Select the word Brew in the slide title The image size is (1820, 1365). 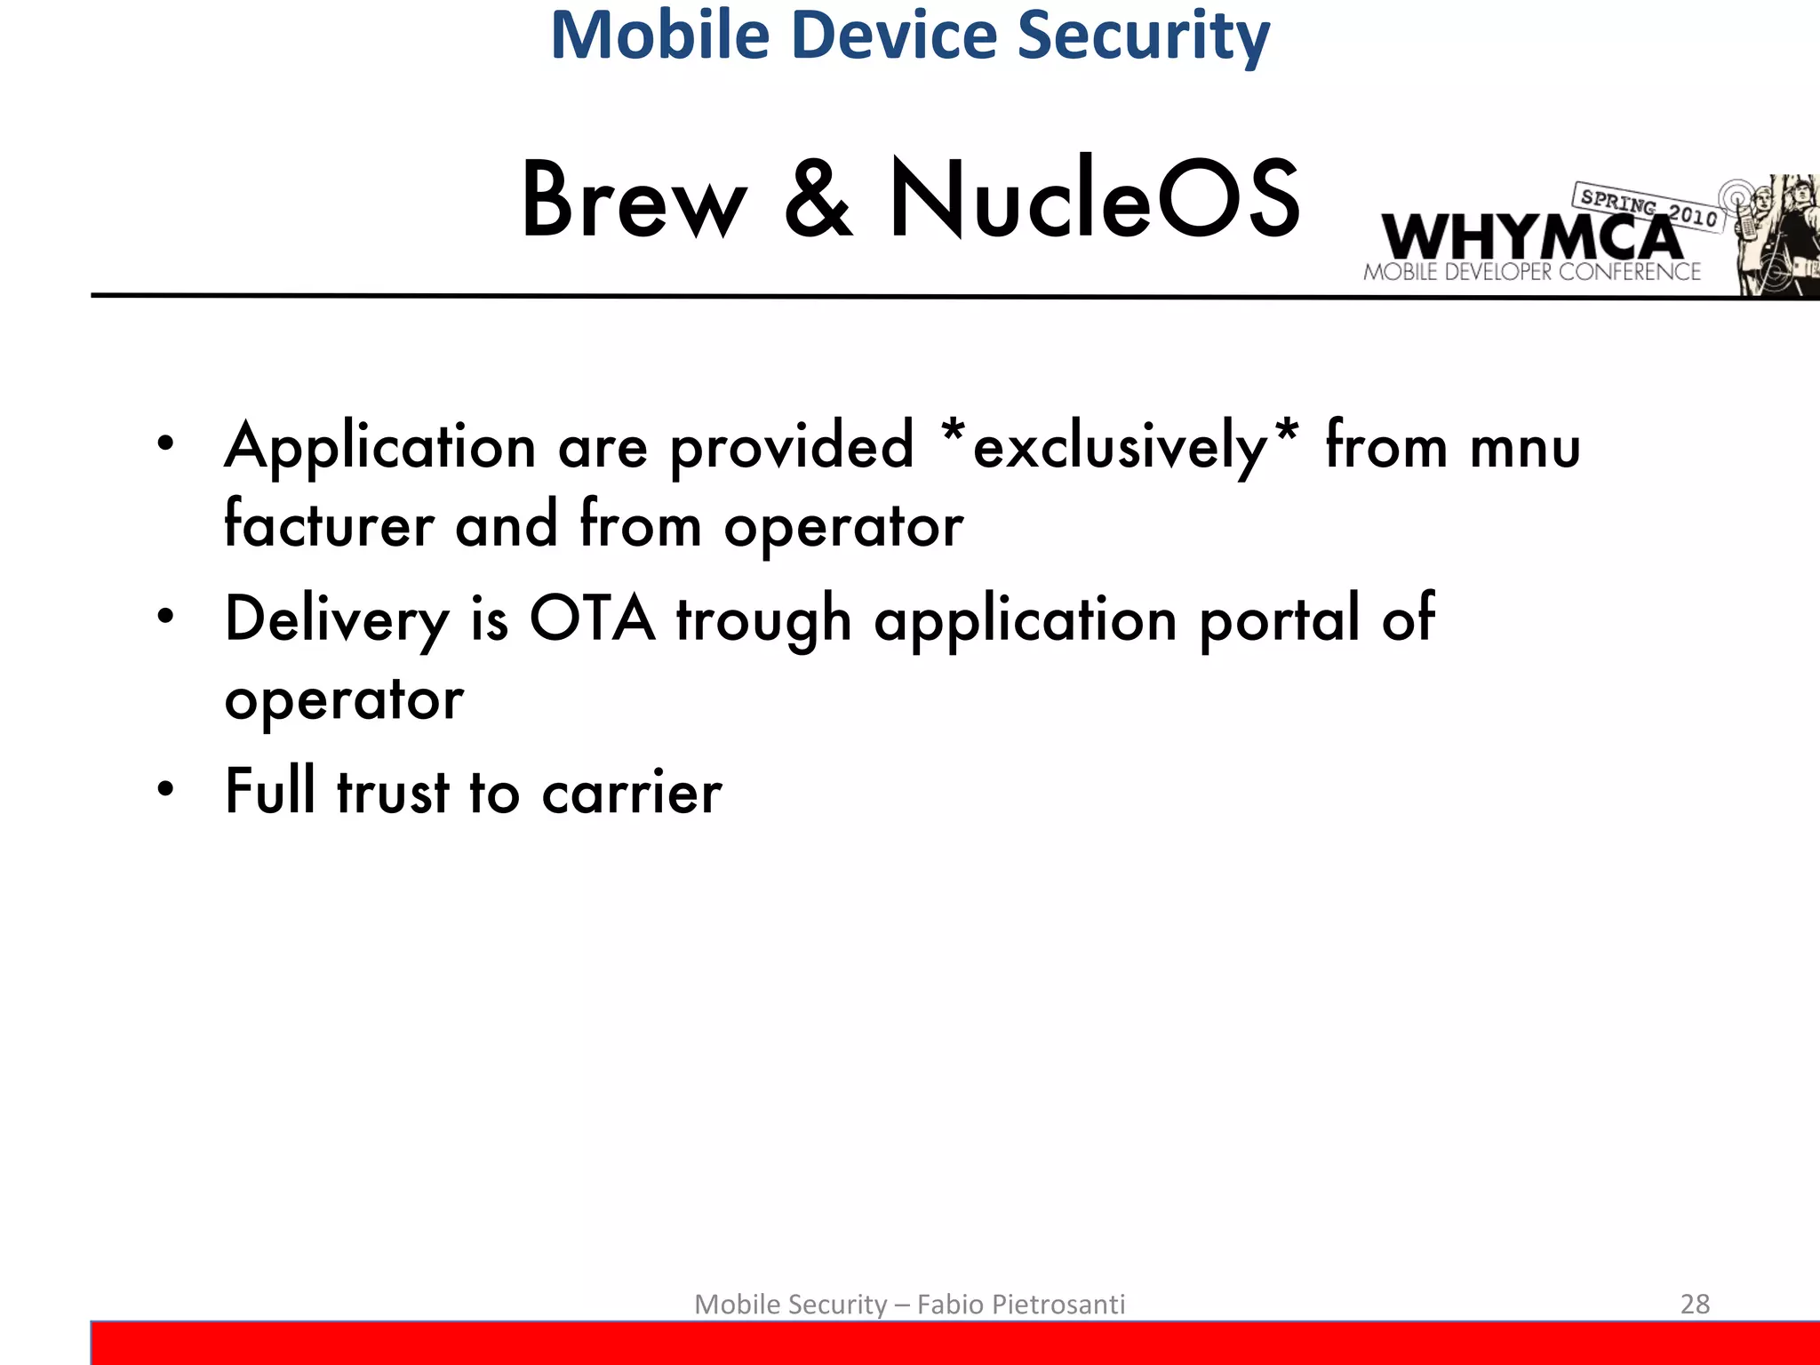634,201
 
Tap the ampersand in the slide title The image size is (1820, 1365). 818,201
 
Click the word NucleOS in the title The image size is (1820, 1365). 1095,201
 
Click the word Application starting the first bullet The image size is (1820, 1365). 380,446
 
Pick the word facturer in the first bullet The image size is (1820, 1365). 329,524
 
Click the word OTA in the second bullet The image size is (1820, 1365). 593,619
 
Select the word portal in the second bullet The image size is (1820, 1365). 1279,619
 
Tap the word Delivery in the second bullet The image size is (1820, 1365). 337,619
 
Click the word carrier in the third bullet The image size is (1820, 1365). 632,793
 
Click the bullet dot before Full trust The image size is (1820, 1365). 165,789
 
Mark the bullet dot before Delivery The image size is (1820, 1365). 165,616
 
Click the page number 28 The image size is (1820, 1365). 1695,1304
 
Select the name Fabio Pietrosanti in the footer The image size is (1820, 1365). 1021,1304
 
